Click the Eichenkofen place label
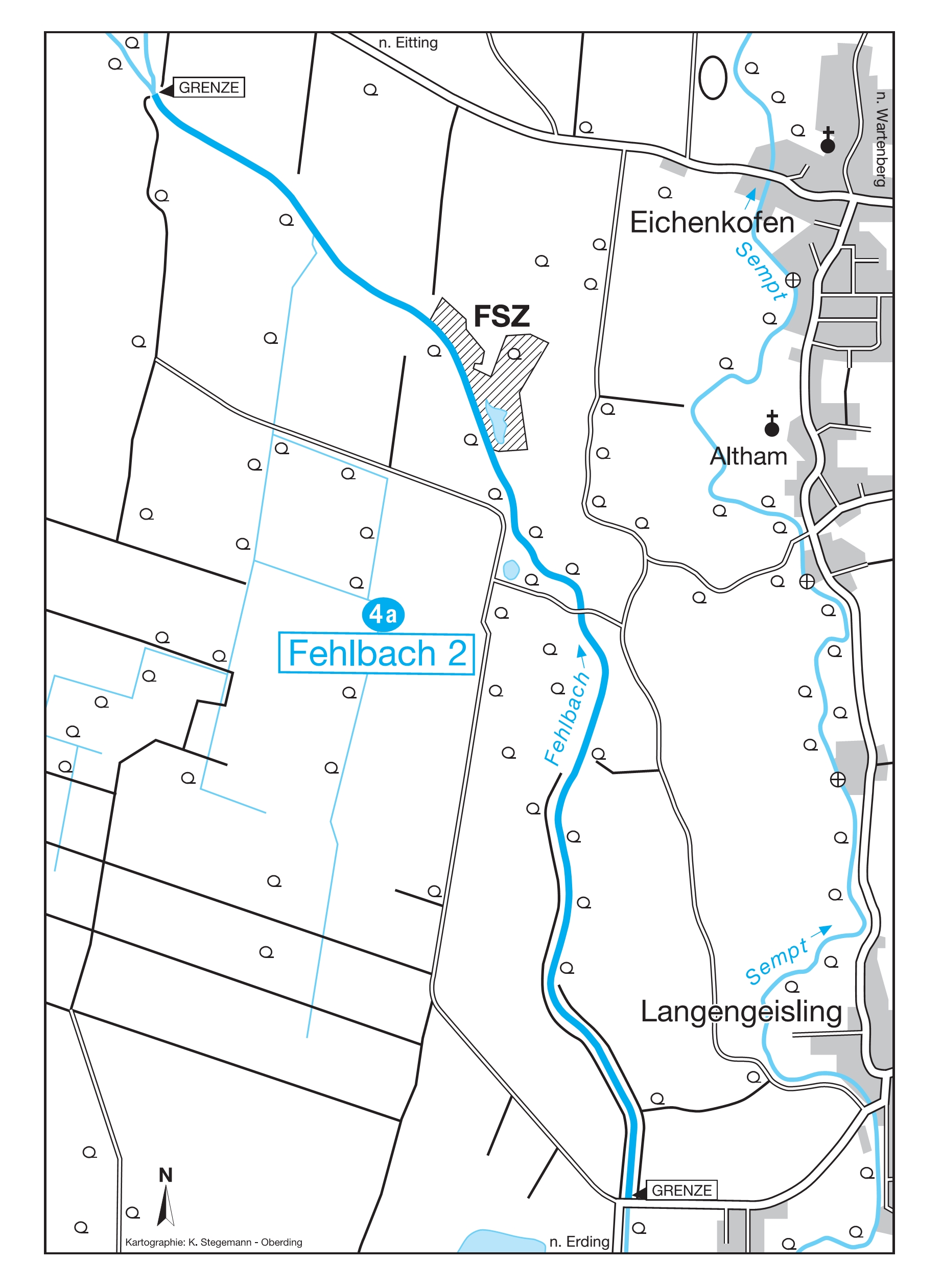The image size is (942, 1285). coord(711,222)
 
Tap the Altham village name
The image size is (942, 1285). coord(747,457)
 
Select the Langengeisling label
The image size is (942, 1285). coord(741,1012)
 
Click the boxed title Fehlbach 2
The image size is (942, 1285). coord(376,653)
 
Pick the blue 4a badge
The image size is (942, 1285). coord(383,614)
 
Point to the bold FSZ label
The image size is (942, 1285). coord(501,317)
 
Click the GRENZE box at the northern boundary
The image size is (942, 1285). coord(209,87)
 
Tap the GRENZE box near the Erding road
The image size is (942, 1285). coord(681,1190)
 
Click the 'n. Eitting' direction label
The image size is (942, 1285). coord(408,43)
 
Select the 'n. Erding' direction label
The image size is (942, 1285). coord(579,1242)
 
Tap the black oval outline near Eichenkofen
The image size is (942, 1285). coord(712,78)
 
